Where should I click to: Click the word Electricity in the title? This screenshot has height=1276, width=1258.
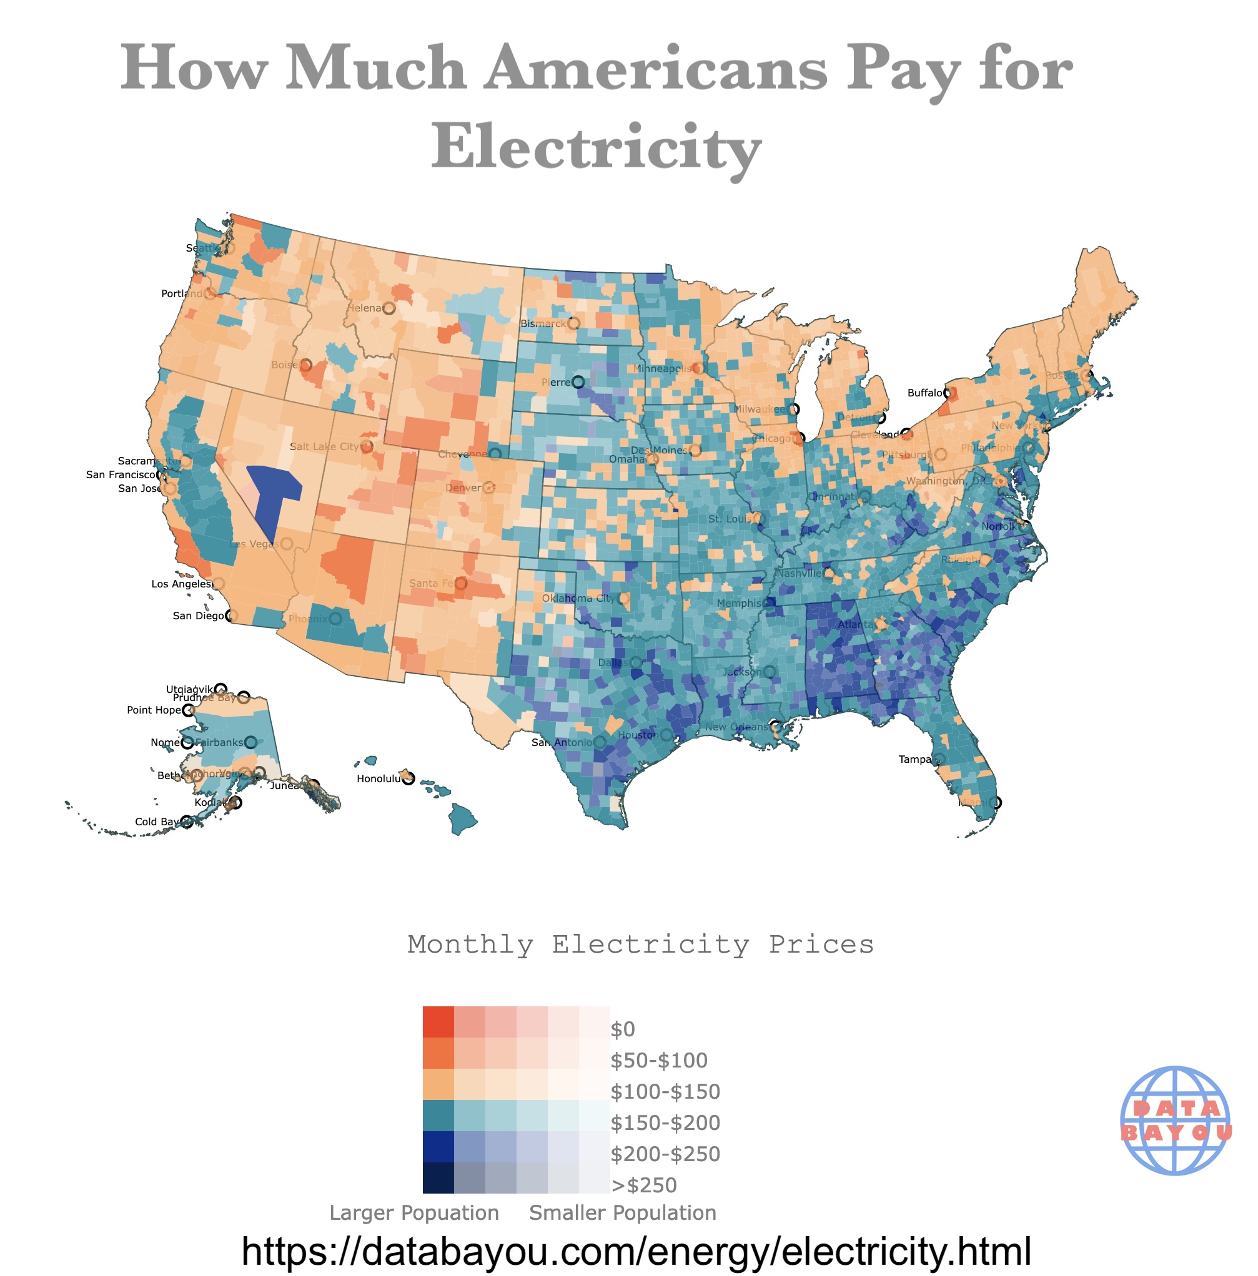click(596, 147)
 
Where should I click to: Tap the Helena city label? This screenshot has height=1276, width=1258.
click(365, 308)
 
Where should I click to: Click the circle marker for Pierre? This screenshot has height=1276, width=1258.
click(578, 383)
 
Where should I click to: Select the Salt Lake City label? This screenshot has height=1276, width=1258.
click(324, 446)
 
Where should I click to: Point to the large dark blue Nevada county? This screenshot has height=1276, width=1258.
click(272, 495)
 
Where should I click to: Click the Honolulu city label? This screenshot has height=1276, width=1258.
click(379, 778)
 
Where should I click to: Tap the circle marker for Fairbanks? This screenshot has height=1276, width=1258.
click(250, 742)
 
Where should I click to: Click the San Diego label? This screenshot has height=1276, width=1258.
click(198, 616)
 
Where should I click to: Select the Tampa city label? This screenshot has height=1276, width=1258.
click(914, 760)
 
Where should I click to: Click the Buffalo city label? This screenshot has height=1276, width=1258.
click(924, 393)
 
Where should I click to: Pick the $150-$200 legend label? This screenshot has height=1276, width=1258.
click(665, 1123)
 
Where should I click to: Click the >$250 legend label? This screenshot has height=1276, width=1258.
click(643, 1185)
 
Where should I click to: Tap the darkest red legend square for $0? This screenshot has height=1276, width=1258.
click(438, 1022)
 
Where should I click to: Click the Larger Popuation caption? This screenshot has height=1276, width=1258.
click(414, 1212)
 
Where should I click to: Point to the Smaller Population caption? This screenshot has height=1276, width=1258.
click(622, 1212)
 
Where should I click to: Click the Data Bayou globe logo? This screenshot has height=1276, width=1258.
click(1176, 1120)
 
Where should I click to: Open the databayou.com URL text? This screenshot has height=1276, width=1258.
click(636, 1250)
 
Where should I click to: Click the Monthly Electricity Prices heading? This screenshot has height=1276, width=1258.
click(640, 945)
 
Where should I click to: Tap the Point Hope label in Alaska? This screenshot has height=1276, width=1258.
click(153, 710)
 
